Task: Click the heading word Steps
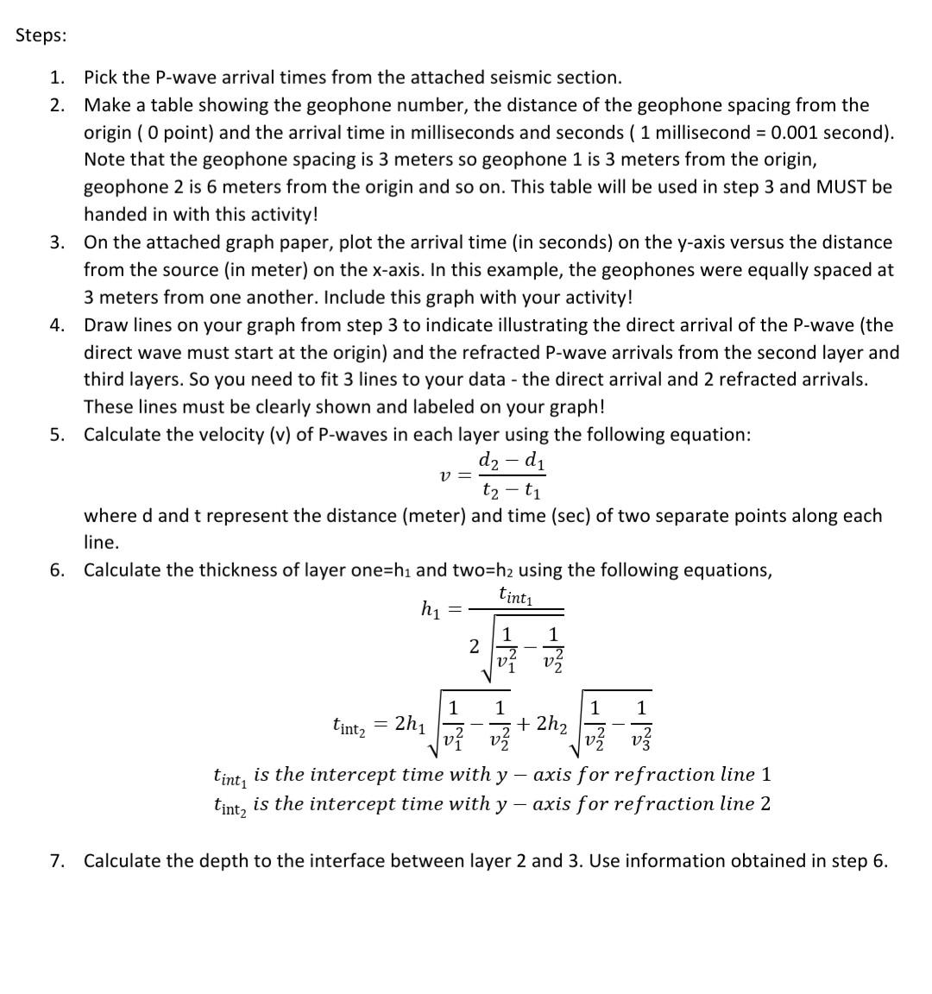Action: coord(40,35)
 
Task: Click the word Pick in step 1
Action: coord(99,78)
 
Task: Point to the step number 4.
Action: coord(56,325)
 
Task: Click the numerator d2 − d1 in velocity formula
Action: coord(511,461)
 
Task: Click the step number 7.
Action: coord(56,861)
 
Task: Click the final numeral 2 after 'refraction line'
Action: coord(765,804)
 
